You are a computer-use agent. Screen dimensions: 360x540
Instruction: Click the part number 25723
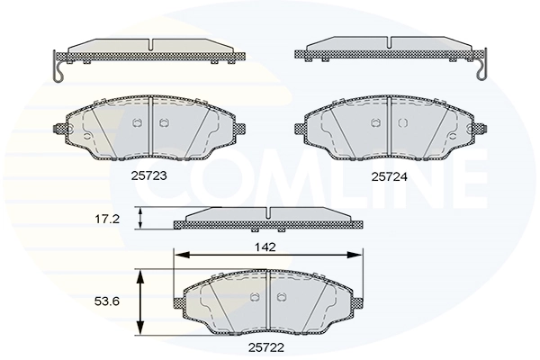[x=148, y=177]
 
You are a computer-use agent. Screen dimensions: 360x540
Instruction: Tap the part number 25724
[x=390, y=177]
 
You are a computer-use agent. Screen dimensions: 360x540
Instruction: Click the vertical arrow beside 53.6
[x=139, y=301]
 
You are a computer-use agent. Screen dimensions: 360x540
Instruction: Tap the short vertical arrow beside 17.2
[x=139, y=219]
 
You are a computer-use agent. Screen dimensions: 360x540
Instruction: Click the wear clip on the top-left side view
[x=58, y=68]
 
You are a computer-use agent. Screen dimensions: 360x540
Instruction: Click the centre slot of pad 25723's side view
[x=150, y=44]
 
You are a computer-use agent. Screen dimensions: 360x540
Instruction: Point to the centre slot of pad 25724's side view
[x=388, y=44]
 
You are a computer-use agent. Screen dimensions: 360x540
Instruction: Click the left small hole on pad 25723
[x=137, y=123]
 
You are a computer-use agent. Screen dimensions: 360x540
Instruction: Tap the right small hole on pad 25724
[x=401, y=123]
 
